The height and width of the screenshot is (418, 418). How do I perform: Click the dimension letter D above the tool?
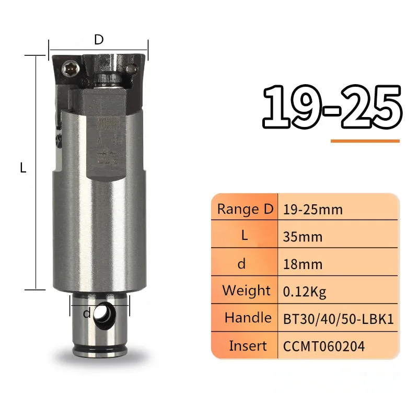99,40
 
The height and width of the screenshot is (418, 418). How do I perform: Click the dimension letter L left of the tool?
23,168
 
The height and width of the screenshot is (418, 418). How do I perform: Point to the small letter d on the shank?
87,313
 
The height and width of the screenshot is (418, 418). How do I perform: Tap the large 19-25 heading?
332,107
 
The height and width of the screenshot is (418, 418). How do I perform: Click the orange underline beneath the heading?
365,141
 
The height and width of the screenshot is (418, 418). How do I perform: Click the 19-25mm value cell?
312,210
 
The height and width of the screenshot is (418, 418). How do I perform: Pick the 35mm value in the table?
303,237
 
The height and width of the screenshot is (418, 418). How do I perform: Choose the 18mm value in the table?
303,264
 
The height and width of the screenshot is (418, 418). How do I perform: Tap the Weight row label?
247,291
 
